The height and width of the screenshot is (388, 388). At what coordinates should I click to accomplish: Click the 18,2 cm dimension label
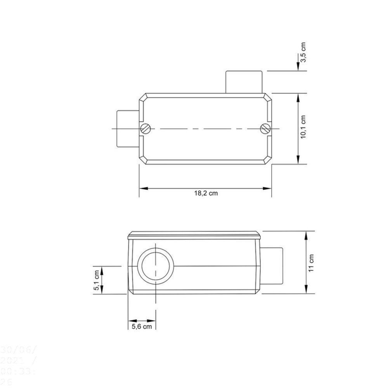[x=206, y=193]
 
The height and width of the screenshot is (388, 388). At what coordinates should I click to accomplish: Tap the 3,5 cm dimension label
[x=303, y=52]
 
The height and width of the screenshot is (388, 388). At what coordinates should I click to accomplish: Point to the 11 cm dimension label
[x=312, y=263]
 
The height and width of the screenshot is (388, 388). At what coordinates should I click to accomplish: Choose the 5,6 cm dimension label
[x=141, y=326]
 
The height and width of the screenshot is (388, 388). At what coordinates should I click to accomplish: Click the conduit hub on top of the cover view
[x=243, y=82]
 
